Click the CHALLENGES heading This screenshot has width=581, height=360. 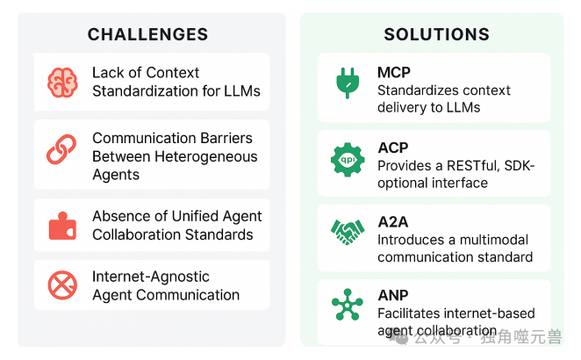pyautogui.click(x=147, y=35)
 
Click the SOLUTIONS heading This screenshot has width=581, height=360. pyautogui.click(x=436, y=35)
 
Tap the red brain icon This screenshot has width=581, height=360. pyautogui.click(x=62, y=82)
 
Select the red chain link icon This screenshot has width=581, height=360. pyautogui.click(x=62, y=149)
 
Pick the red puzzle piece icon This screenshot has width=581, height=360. pyautogui.click(x=62, y=226)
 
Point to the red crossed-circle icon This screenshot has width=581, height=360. pyautogui.click(x=62, y=285)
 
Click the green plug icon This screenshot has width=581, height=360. pyautogui.click(x=347, y=82)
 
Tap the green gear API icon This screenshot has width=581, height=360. pyautogui.click(x=347, y=160)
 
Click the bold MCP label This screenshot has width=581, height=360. pyautogui.click(x=394, y=72)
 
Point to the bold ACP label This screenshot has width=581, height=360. pyautogui.click(x=393, y=148)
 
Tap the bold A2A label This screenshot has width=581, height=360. pyautogui.click(x=393, y=222)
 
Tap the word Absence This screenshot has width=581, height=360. pyautogui.click(x=121, y=216)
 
